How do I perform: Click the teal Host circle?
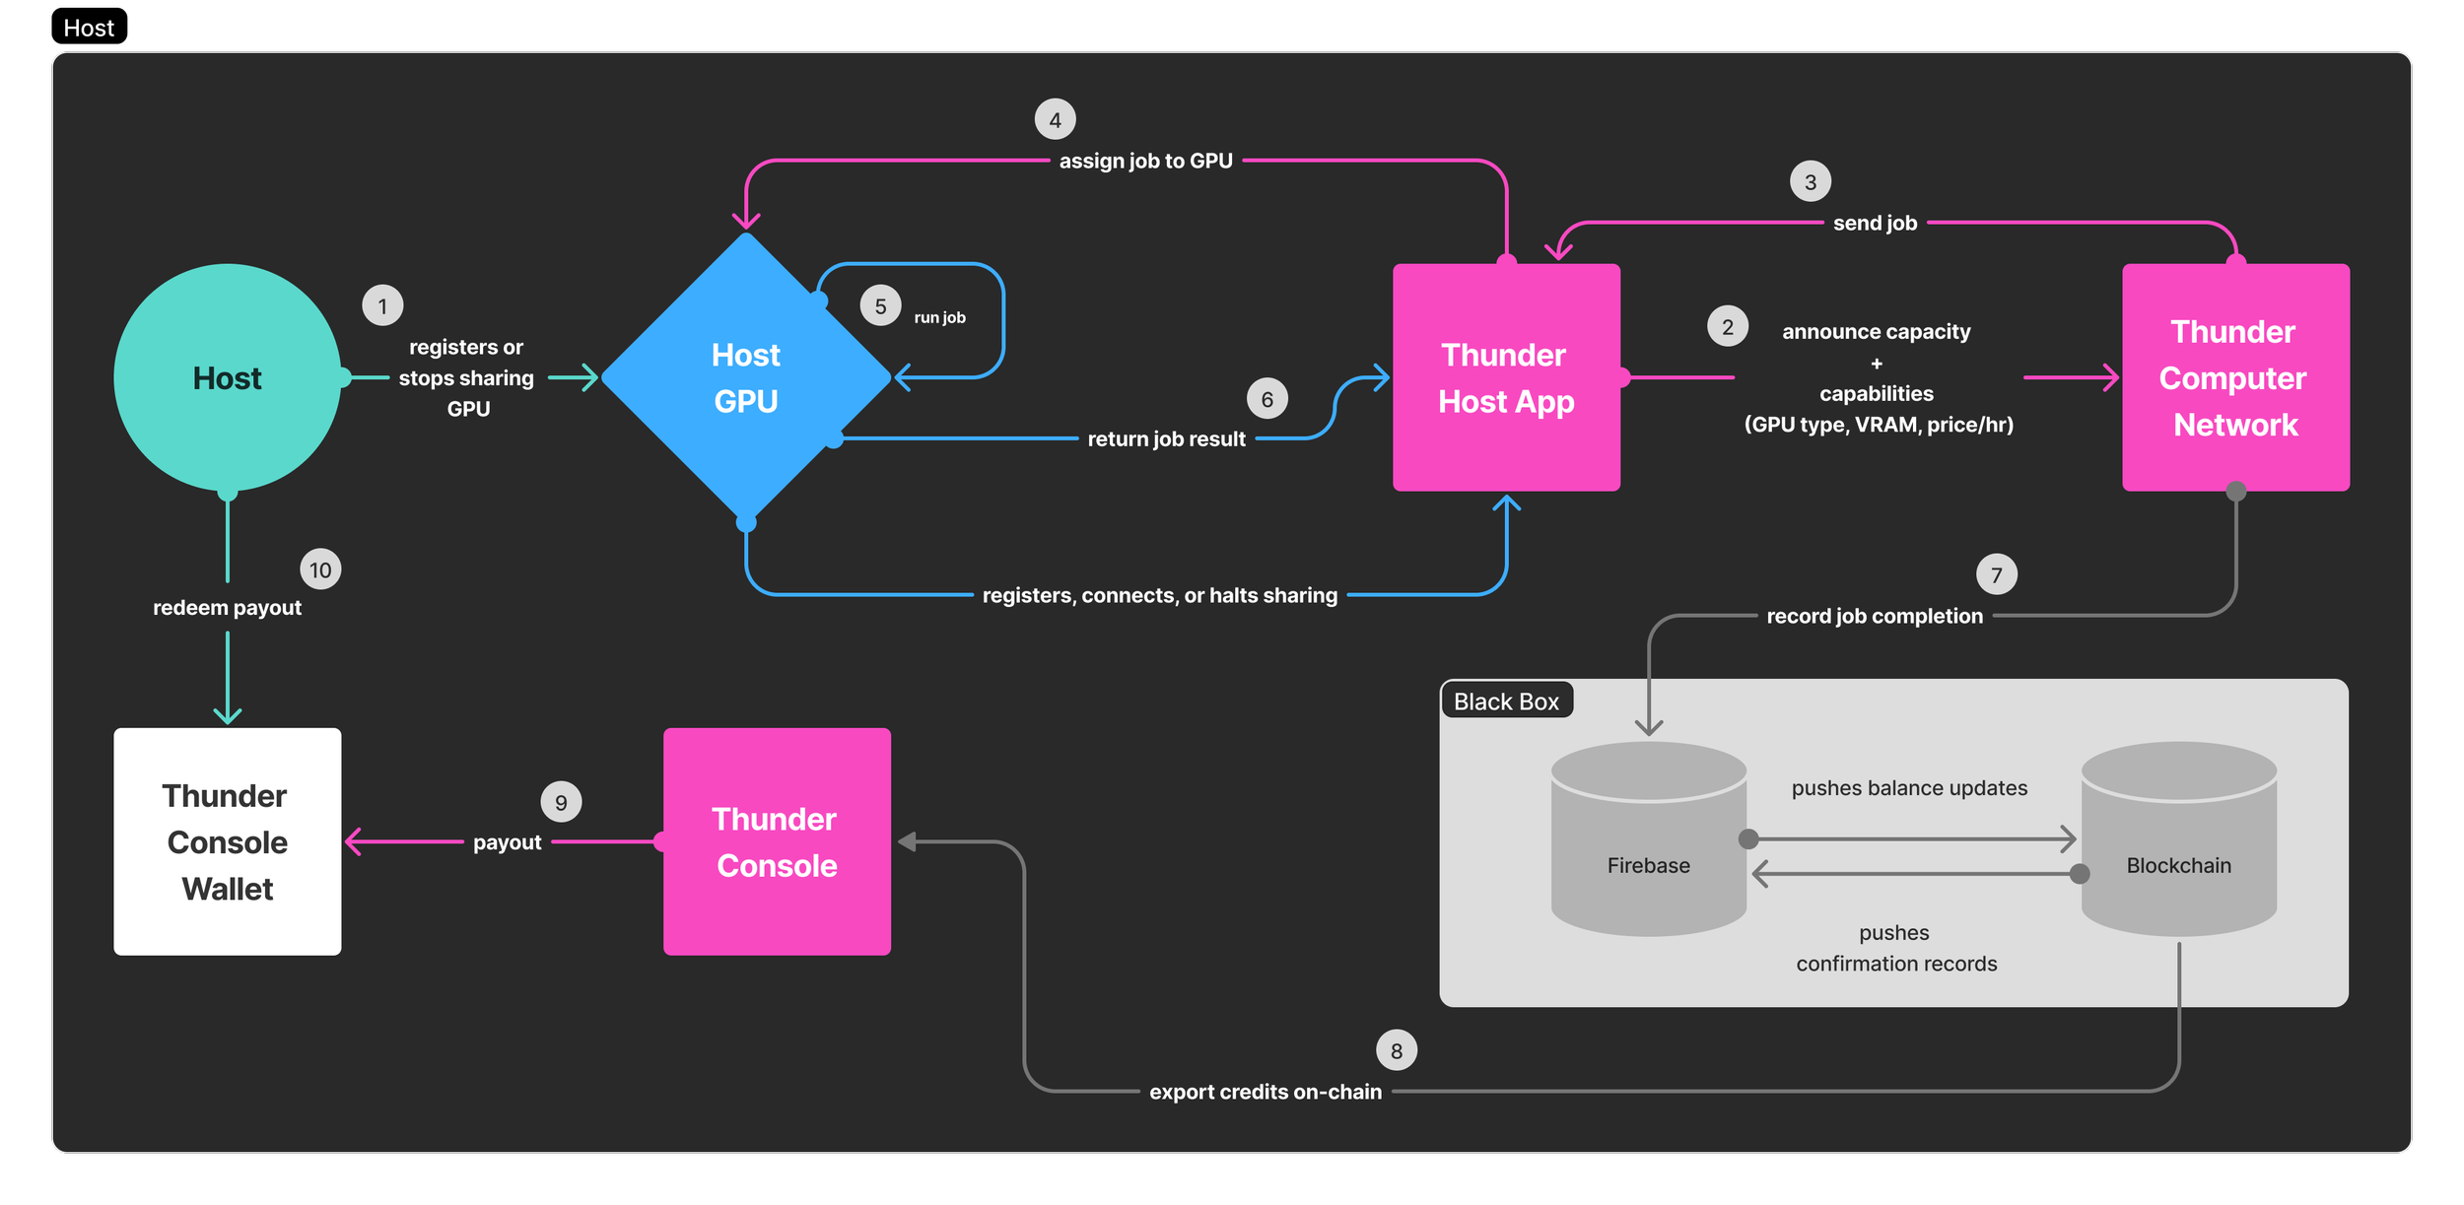(x=228, y=377)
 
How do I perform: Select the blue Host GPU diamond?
(x=746, y=377)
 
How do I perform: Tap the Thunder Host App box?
(x=1506, y=377)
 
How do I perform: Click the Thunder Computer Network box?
(x=2235, y=377)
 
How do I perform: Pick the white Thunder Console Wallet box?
(x=228, y=841)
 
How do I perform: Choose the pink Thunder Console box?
(x=777, y=841)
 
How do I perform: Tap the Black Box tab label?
(x=1506, y=702)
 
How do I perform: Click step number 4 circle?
(x=1055, y=120)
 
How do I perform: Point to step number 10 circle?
(x=320, y=569)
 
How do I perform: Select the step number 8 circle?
(x=1397, y=1050)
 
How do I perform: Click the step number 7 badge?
(x=1997, y=574)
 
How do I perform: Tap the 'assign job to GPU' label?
(x=1145, y=161)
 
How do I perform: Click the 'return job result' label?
(x=1166, y=438)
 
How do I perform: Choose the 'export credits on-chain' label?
(x=1266, y=1092)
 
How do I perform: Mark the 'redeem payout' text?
(x=227, y=608)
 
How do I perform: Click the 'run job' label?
(x=939, y=317)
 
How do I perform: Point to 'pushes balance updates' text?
(x=1909, y=788)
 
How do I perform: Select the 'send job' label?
(x=1875, y=223)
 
